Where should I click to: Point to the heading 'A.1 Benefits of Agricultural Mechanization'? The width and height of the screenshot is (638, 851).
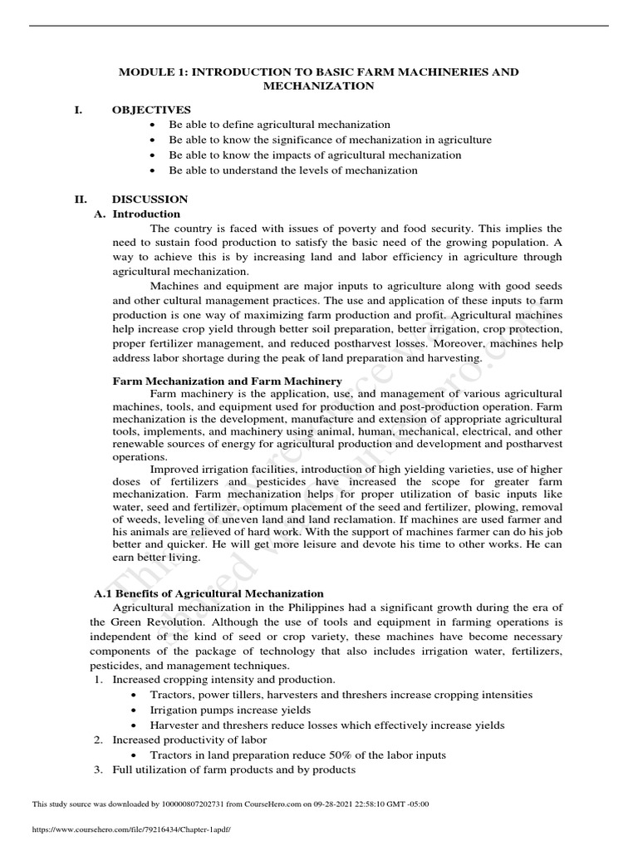click(208, 593)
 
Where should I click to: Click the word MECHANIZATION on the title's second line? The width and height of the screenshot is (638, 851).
click(318, 86)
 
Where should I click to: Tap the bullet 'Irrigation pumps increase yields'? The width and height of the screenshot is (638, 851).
click(230, 710)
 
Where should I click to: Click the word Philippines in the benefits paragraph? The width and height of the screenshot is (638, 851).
click(292, 608)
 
